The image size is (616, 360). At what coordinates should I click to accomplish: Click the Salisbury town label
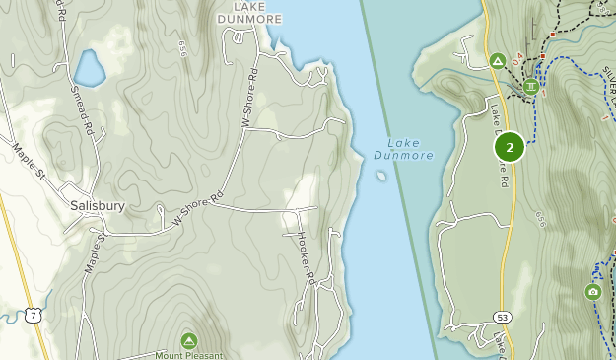[x=97, y=206]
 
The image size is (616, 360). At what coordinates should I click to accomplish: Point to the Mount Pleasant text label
[x=189, y=355]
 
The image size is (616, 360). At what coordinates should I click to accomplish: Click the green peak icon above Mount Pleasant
[x=188, y=339]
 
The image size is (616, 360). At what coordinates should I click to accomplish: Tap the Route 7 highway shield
[x=34, y=314]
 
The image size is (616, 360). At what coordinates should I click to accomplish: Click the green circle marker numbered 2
[x=509, y=149]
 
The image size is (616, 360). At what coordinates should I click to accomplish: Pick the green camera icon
[x=592, y=291]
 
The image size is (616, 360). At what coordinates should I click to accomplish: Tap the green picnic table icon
[x=532, y=86]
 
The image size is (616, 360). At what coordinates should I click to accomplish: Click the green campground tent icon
[x=498, y=61]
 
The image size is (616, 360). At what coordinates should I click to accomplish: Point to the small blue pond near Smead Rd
[x=89, y=68]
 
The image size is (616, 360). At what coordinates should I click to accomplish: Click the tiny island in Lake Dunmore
[x=381, y=177]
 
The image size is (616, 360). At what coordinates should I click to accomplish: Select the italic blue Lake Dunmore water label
[x=403, y=148]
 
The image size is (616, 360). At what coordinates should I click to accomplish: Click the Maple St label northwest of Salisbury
[x=29, y=161]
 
